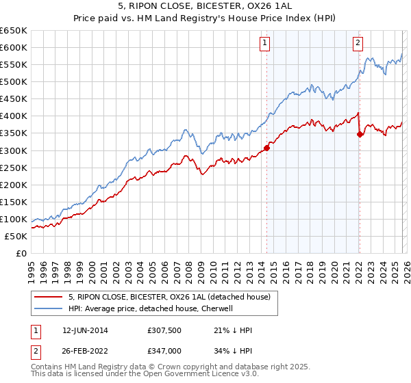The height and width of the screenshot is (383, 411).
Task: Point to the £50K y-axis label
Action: [16, 236]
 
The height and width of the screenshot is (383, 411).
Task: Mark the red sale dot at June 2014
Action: [266, 147]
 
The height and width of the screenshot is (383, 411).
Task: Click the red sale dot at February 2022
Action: [360, 134]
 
